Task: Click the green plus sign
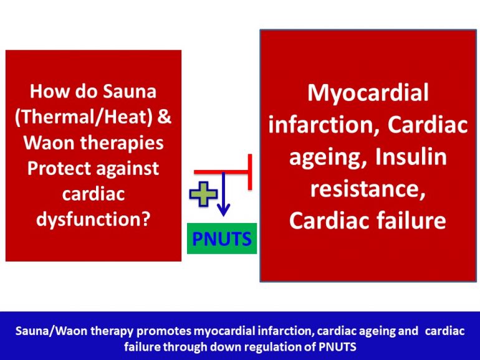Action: click(x=203, y=194)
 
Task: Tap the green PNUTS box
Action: click(x=222, y=239)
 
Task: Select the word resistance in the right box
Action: click(x=368, y=188)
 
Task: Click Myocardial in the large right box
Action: click(x=368, y=93)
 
